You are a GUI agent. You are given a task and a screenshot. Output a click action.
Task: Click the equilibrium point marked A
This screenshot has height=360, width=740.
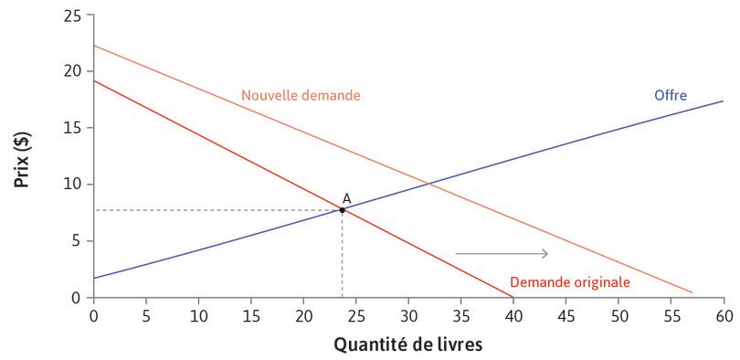pos(343,210)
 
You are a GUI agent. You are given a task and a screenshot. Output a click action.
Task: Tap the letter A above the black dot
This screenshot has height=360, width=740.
pos(346,197)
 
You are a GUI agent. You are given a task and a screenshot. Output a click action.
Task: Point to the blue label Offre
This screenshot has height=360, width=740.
pos(670,95)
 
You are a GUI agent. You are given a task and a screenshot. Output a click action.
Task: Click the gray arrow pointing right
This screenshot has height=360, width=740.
pos(502,253)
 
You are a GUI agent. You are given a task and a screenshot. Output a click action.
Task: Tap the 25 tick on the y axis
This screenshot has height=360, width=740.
pos(72,16)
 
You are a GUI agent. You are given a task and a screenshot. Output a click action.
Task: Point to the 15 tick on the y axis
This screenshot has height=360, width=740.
pos(72,128)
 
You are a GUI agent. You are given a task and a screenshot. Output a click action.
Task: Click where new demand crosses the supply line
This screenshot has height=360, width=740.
pos(431,185)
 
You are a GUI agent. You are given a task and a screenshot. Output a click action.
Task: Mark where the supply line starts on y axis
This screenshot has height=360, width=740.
pos(94,278)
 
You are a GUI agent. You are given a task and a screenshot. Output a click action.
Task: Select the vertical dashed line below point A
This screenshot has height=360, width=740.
pos(343,256)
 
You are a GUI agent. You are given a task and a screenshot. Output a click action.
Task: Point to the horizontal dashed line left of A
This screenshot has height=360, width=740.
pos(219,210)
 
